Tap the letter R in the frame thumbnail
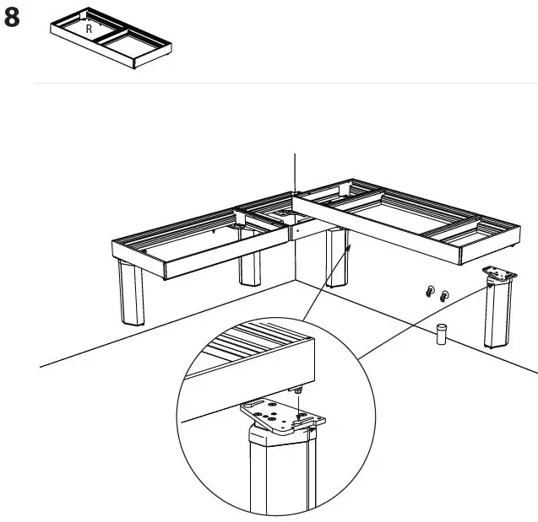(x=89, y=28)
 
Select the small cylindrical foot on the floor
(x=440, y=334)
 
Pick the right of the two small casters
(x=443, y=295)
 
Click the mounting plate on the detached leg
(x=500, y=274)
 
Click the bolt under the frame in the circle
(x=299, y=390)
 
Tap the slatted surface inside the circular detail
(x=253, y=345)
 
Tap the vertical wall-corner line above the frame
(x=295, y=173)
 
